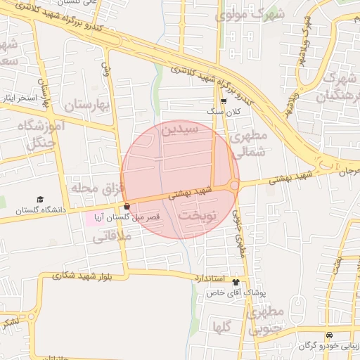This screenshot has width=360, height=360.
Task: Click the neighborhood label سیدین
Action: click(x=181, y=130)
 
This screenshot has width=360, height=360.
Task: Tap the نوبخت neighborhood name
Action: click(x=196, y=214)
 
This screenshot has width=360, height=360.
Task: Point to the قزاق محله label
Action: click(x=96, y=188)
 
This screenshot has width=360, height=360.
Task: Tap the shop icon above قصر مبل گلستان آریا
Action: click(x=127, y=207)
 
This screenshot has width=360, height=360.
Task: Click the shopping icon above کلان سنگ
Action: click(x=224, y=101)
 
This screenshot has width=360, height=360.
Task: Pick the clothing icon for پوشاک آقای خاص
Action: click(x=236, y=282)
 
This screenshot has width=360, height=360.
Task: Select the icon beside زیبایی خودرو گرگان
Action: click(x=329, y=336)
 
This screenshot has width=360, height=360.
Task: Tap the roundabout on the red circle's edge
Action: click(x=233, y=185)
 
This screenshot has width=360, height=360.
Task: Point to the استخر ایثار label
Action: click(x=21, y=98)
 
